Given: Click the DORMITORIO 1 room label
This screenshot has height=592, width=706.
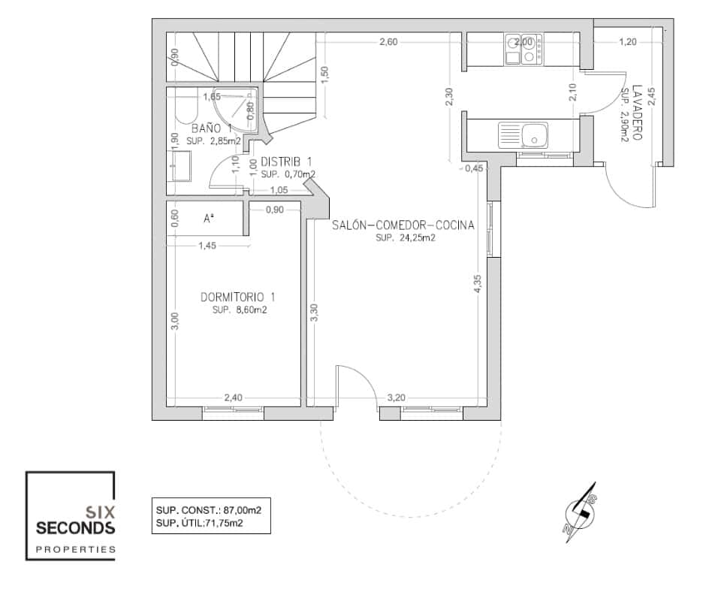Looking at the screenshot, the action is [x=238, y=298].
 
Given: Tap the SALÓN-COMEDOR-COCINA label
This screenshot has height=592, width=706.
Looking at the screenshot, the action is [x=403, y=225].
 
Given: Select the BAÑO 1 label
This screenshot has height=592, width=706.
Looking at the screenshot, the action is [x=211, y=128].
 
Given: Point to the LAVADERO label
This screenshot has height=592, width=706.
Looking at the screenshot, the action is [x=637, y=112].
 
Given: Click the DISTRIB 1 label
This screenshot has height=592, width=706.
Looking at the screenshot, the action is [x=286, y=162].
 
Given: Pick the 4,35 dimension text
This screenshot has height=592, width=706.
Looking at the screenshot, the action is [x=478, y=284].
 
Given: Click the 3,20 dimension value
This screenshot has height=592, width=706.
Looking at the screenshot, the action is [x=397, y=397].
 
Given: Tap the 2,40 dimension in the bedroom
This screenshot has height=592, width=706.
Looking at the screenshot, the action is [x=234, y=397].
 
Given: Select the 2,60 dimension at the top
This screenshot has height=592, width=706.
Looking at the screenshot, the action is [x=388, y=42].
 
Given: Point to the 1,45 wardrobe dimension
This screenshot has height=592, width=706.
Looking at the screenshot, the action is [x=207, y=246].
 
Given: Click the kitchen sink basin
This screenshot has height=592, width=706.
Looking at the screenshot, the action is [x=534, y=135].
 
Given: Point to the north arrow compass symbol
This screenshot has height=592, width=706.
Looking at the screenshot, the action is [x=581, y=512].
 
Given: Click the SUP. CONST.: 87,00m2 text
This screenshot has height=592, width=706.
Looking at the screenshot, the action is [x=209, y=510].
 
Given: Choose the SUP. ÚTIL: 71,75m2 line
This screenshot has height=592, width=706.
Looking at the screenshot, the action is [x=200, y=523].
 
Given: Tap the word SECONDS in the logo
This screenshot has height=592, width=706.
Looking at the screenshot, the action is [x=75, y=527].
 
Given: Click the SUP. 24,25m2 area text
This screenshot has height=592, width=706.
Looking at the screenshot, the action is [x=406, y=238].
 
